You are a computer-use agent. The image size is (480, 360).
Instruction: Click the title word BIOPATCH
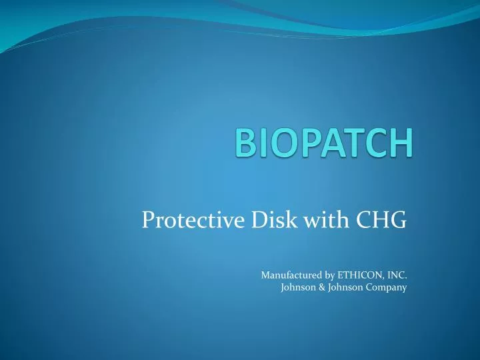pyautogui.click(x=324, y=144)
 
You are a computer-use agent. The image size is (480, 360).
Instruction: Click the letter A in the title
pyautogui.click(x=329, y=145)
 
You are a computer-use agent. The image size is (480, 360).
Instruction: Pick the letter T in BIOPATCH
pyautogui.click(x=352, y=145)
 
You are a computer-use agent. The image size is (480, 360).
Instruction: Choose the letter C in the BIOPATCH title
pyautogui.click(x=375, y=145)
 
